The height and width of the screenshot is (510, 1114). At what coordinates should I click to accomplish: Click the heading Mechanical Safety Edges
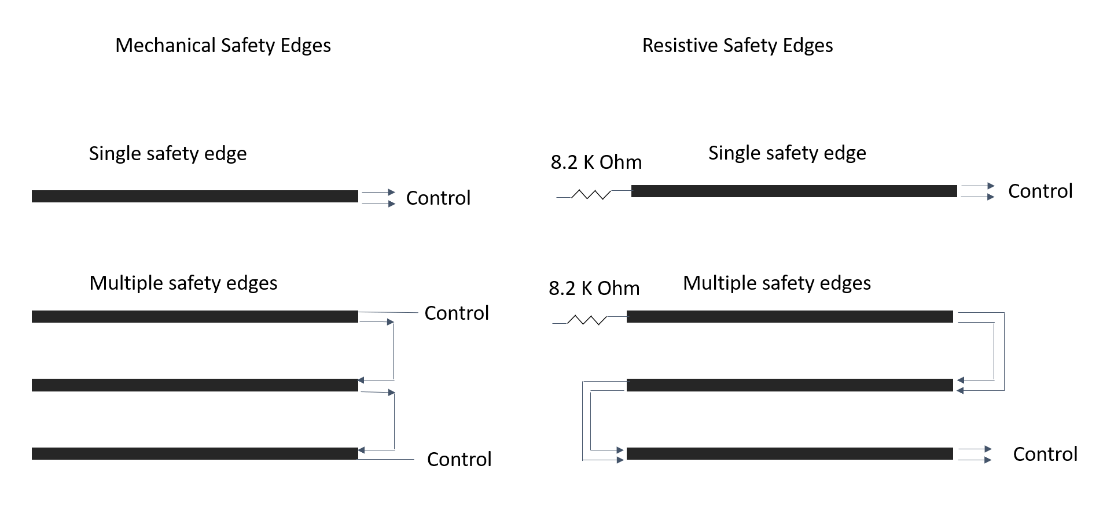tap(223, 46)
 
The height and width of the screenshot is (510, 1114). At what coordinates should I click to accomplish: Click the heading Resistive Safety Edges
tap(737, 46)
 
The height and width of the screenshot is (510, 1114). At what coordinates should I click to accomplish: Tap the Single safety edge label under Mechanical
tap(168, 154)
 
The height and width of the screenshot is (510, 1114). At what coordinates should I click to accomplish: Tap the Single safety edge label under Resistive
tap(787, 153)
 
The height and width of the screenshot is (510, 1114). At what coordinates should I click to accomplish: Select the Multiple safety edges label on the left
tap(183, 283)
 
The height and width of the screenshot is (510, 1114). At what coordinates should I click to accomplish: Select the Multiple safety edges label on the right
tap(777, 283)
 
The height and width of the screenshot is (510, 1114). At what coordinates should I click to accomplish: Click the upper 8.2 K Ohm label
tap(596, 162)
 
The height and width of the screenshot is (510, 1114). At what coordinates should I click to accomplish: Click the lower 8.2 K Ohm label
tap(594, 289)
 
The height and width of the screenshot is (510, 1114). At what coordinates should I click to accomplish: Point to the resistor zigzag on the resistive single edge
tap(591, 195)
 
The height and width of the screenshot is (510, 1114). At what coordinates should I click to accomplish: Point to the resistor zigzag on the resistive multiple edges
tap(587, 320)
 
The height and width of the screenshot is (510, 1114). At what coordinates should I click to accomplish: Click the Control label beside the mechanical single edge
tap(438, 198)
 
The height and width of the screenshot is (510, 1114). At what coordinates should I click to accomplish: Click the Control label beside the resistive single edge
tap(1040, 191)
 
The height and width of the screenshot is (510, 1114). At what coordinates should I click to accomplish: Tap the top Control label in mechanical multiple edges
tap(457, 313)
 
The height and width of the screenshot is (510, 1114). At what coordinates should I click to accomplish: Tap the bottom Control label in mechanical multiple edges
tap(459, 460)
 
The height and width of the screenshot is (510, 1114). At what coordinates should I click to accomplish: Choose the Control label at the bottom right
tap(1045, 454)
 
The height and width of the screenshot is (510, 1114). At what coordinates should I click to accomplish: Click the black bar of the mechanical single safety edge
tap(195, 197)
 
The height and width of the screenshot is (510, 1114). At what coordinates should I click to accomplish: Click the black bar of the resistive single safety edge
tap(794, 191)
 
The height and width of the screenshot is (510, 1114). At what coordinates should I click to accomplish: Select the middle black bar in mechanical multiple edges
tap(195, 385)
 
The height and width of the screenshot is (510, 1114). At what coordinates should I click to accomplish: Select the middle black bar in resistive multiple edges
tap(789, 385)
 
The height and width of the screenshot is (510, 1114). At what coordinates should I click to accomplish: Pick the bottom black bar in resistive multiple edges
tap(789, 454)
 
